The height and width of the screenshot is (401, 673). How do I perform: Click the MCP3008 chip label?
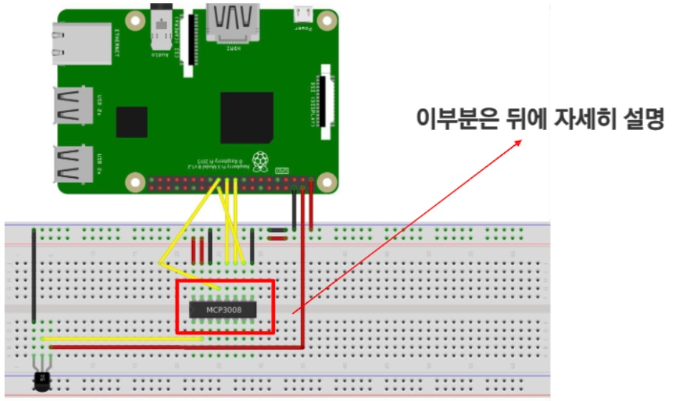click(x=223, y=310)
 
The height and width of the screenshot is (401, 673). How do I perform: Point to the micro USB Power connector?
click(x=303, y=13)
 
